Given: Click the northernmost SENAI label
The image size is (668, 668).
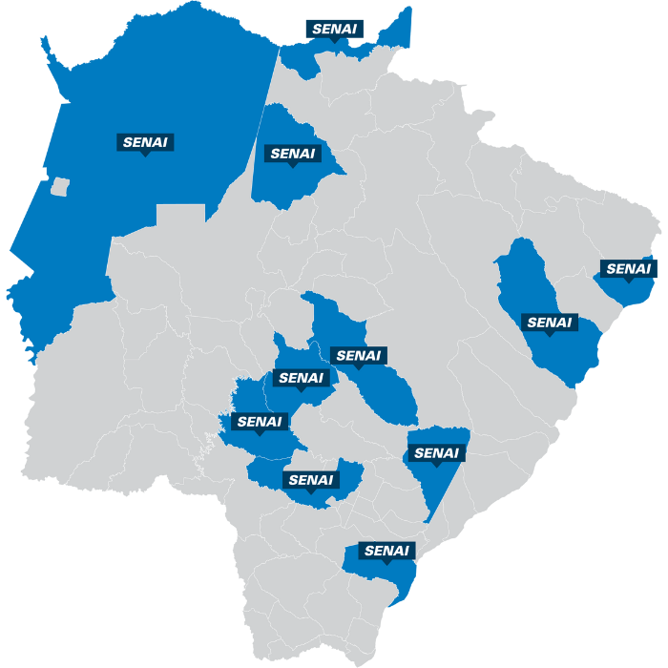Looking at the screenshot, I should pyautogui.click(x=333, y=29).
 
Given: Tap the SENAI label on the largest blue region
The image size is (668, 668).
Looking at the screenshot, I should pyautogui.click(x=145, y=142).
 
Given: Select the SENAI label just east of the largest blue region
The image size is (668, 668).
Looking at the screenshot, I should pyautogui.click(x=292, y=153).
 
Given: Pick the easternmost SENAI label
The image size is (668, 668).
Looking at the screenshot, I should pyautogui.click(x=627, y=269).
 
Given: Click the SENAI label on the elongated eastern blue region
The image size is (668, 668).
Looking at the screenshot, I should pyautogui.click(x=552, y=323).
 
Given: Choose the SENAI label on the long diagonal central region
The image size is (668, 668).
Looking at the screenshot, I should pyautogui.click(x=358, y=356).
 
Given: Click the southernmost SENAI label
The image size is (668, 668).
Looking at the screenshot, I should pyautogui.click(x=386, y=551).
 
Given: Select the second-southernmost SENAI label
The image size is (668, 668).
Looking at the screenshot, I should pyautogui.click(x=311, y=479).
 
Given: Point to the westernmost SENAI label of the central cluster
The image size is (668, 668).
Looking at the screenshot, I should pyautogui.click(x=259, y=421).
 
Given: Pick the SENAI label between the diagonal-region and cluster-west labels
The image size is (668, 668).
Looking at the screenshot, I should pyautogui.click(x=301, y=378).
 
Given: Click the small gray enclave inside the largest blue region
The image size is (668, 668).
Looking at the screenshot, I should pyautogui.click(x=60, y=186).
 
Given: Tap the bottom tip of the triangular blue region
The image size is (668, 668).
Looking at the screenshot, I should pyautogui.click(x=428, y=521).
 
